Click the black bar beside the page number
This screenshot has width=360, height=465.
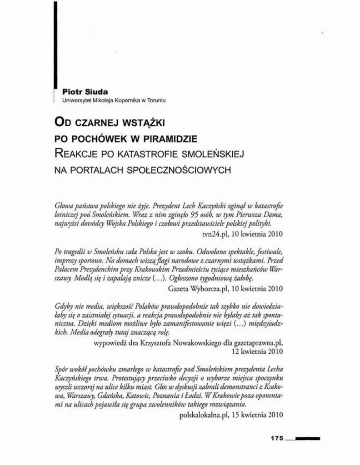pyautogui.click(x=307, y=439)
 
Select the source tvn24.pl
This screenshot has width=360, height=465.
pyautogui.click(x=215, y=234)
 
